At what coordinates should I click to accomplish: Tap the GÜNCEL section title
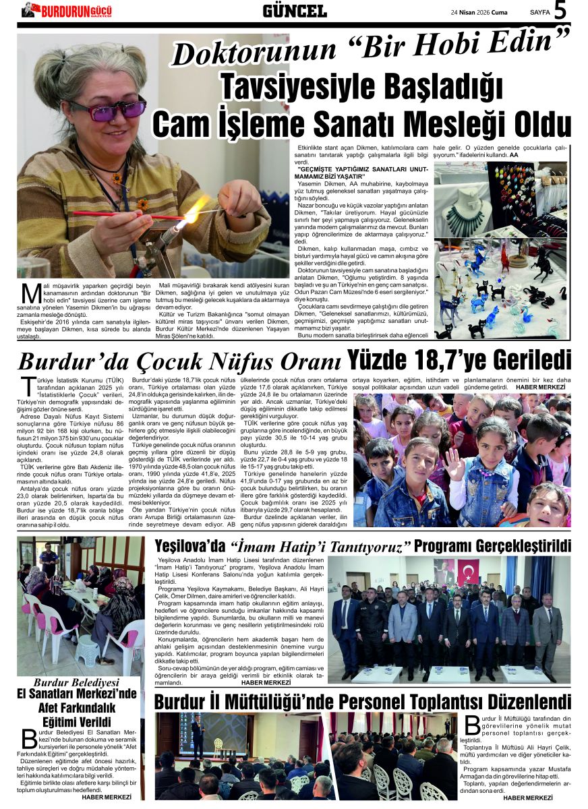(294, 11)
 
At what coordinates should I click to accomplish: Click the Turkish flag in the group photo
(468, 572)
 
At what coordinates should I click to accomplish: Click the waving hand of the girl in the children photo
(457, 465)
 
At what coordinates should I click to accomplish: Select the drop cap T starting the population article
(28, 387)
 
